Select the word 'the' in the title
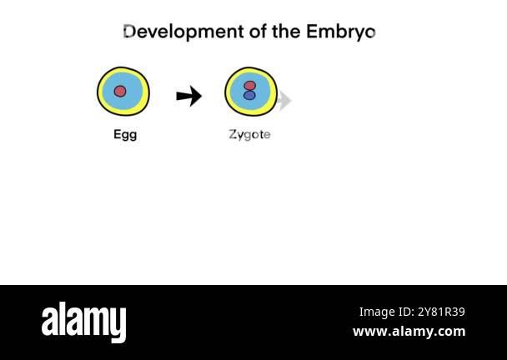(x=286, y=32)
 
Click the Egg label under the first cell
(x=125, y=134)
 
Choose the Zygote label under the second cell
(x=249, y=134)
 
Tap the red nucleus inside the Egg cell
(x=120, y=91)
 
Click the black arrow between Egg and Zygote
(x=189, y=97)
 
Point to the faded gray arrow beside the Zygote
(x=285, y=100)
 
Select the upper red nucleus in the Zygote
(x=249, y=85)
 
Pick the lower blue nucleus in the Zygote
(x=249, y=96)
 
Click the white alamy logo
(x=83, y=322)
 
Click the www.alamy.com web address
(x=409, y=332)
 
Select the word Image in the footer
(x=376, y=312)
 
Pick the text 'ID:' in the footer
(x=404, y=312)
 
